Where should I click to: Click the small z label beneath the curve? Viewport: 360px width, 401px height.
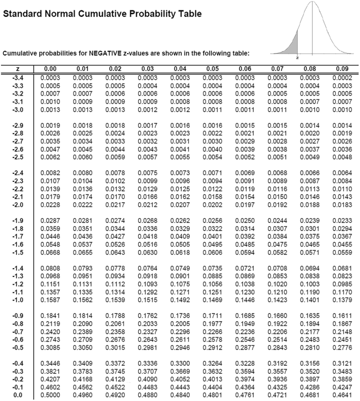click(297, 57)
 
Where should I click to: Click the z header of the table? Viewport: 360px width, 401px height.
click(17, 69)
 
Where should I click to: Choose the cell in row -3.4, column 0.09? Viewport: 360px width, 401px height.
click(342, 78)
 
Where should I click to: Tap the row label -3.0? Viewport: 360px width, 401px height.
click(17, 110)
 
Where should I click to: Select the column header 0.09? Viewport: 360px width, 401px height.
click(342, 69)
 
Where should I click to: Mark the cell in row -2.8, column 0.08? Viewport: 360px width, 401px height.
click(309, 133)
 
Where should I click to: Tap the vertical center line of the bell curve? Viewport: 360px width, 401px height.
click(313, 32)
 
